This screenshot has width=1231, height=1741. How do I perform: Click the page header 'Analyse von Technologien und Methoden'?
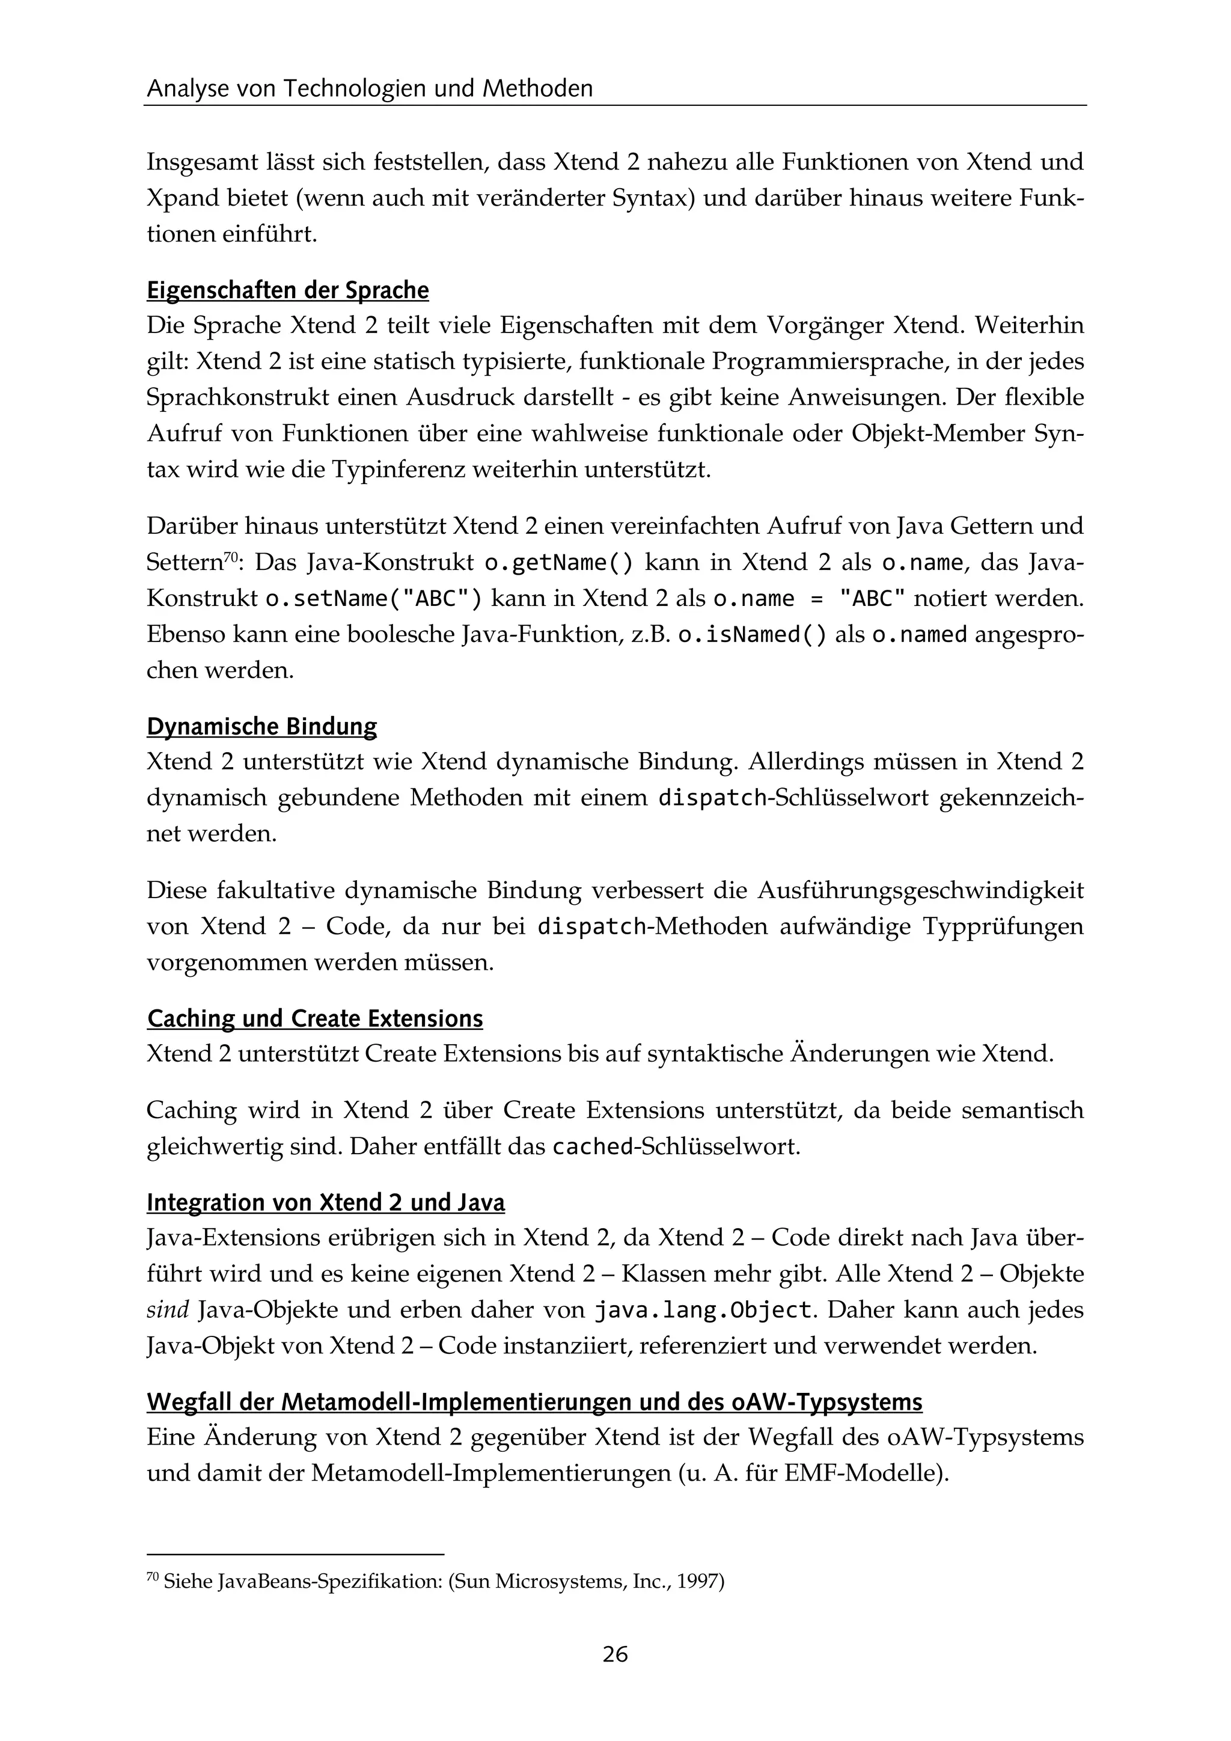click(x=369, y=90)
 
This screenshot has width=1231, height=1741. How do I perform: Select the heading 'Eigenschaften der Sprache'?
click(x=287, y=290)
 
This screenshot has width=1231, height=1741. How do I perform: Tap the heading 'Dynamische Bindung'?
click(x=261, y=726)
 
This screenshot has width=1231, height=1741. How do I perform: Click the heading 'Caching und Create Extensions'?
click(x=314, y=1018)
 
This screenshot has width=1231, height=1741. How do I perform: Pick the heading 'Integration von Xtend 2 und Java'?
click(x=325, y=1202)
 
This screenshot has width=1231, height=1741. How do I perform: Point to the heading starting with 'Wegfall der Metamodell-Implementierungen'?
click(x=534, y=1402)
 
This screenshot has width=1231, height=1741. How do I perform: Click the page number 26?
click(x=615, y=1654)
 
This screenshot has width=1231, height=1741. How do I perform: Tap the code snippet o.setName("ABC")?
click(x=373, y=599)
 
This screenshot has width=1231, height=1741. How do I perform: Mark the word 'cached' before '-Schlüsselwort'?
click(x=592, y=1146)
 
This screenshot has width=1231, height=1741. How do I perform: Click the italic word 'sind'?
click(x=166, y=1311)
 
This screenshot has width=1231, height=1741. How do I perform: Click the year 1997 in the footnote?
click(x=697, y=1582)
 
